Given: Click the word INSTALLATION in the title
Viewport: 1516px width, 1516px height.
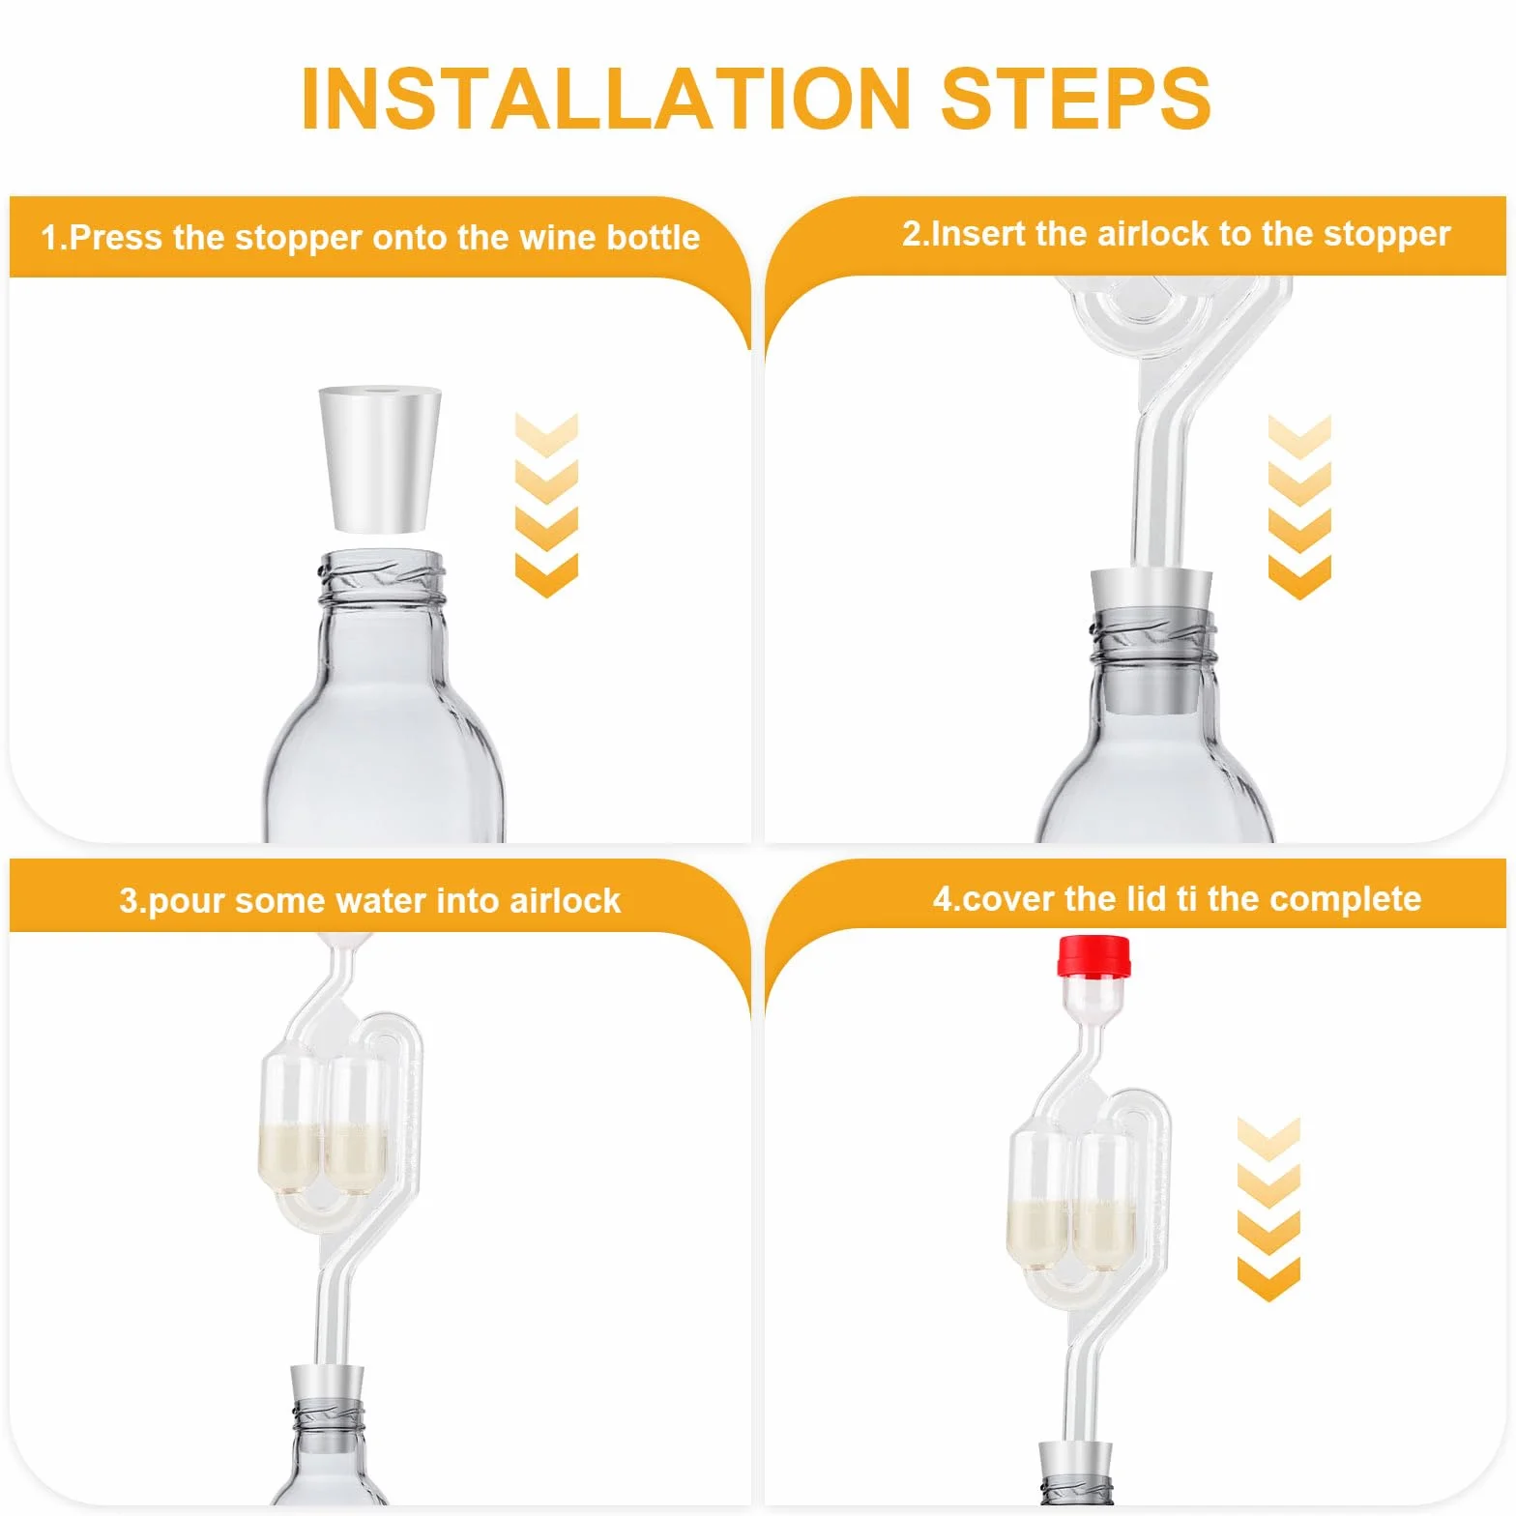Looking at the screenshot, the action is point(606,99).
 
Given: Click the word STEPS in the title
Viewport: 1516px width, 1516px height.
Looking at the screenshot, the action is point(1075,99).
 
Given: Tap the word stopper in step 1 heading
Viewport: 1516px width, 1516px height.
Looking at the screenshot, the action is point(298,239).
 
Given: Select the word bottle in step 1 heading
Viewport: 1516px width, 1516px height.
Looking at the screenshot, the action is point(653,237).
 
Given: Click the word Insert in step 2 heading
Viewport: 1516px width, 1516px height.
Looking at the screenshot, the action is point(977,234).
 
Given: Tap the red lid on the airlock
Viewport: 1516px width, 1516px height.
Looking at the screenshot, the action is point(1094,955).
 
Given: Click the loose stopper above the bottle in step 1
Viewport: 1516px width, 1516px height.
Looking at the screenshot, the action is point(380,459).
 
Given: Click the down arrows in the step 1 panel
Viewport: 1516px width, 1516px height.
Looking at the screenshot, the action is point(546,505).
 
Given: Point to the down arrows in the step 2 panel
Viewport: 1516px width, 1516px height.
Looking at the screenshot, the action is point(1299,507).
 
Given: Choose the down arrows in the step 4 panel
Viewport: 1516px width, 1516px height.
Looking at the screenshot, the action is point(1268,1209).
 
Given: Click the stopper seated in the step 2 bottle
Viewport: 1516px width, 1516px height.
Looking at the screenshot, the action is point(1152,640).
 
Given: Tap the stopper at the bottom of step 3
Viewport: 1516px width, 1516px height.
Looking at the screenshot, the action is point(328,1411).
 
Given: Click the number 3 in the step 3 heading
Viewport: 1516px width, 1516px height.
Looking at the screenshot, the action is point(128,901).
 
